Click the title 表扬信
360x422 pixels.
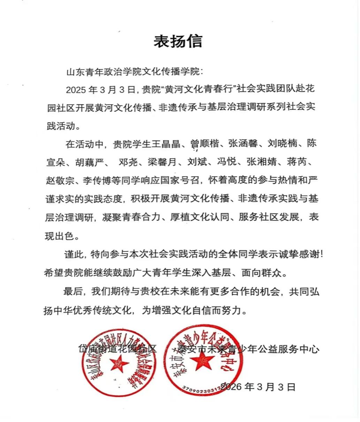click(x=178, y=42)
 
